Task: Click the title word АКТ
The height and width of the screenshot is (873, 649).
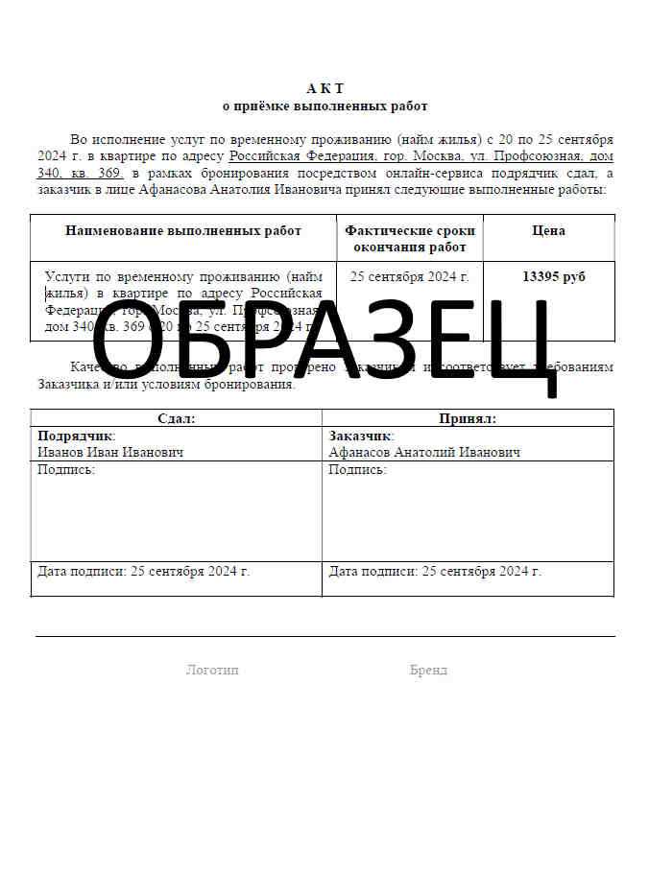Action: tap(324, 88)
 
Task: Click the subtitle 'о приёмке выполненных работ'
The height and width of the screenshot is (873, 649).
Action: tap(324, 106)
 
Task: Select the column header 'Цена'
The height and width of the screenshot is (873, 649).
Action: tap(548, 230)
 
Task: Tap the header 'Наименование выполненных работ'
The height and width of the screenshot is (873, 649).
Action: tap(183, 230)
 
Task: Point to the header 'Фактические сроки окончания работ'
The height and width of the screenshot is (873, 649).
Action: tap(410, 239)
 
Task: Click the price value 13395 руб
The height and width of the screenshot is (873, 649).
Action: tap(553, 276)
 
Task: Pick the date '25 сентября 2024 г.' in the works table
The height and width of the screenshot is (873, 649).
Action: tap(410, 276)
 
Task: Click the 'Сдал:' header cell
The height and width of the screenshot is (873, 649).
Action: tap(176, 418)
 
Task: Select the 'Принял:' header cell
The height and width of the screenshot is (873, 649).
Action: tap(468, 418)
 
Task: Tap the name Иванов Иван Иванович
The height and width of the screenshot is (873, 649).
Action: tap(110, 452)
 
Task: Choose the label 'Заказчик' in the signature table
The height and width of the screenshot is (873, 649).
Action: tap(360, 436)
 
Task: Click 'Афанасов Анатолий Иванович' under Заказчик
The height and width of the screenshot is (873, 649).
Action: tap(424, 452)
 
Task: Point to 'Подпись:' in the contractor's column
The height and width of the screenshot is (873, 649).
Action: tap(66, 470)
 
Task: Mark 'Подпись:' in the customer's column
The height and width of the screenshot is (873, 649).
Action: tap(357, 470)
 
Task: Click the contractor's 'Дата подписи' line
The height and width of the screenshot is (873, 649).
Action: tap(143, 571)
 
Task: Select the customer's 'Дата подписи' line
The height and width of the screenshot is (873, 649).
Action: tap(435, 571)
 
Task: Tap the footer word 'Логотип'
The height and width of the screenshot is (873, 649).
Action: tap(212, 670)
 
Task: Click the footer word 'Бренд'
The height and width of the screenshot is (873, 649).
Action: tap(428, 670)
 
